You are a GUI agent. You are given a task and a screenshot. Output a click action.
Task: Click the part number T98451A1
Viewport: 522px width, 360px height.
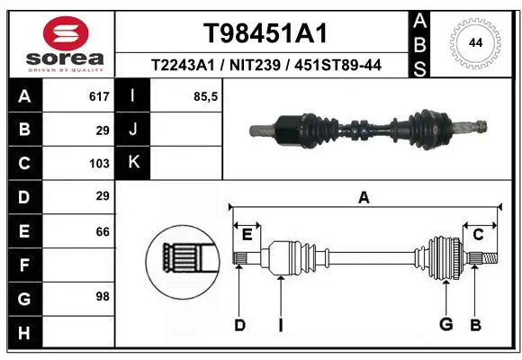pyautogui.click(x=264, y=33)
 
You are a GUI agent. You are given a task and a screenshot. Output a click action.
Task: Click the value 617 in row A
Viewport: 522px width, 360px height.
pyautogui.click(x=98, y=96)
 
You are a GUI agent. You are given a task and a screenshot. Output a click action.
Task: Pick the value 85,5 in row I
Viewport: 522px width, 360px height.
pyautogui.click(x=206, y=96)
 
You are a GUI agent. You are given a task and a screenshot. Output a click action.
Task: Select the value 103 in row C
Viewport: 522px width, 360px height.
pyautogui.click(x=98, y=164)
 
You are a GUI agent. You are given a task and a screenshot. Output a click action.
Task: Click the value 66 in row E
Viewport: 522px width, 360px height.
pyautogui.click(x=102, y=231)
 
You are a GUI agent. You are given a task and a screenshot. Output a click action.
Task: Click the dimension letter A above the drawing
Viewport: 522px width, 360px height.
pyautogui.click(x=364, y=198)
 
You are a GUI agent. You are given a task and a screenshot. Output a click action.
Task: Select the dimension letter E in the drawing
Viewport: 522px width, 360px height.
pyautogui.click(x=247, y=235)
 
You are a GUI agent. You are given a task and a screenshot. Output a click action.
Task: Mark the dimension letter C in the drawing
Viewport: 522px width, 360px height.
pyautogui.click(x=478, y=235)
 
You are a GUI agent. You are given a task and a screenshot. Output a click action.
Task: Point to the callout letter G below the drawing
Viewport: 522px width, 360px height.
pyautogui.click(x=445, y=325)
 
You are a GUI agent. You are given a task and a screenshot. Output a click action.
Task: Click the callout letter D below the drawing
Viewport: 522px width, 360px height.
pyautogui.click(x=239, y=325)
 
